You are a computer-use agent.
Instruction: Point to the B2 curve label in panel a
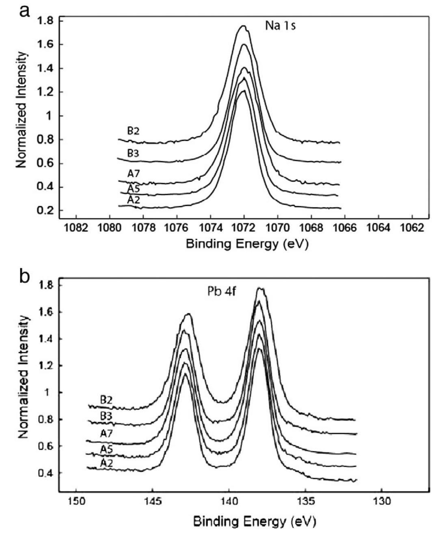[133, 131]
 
